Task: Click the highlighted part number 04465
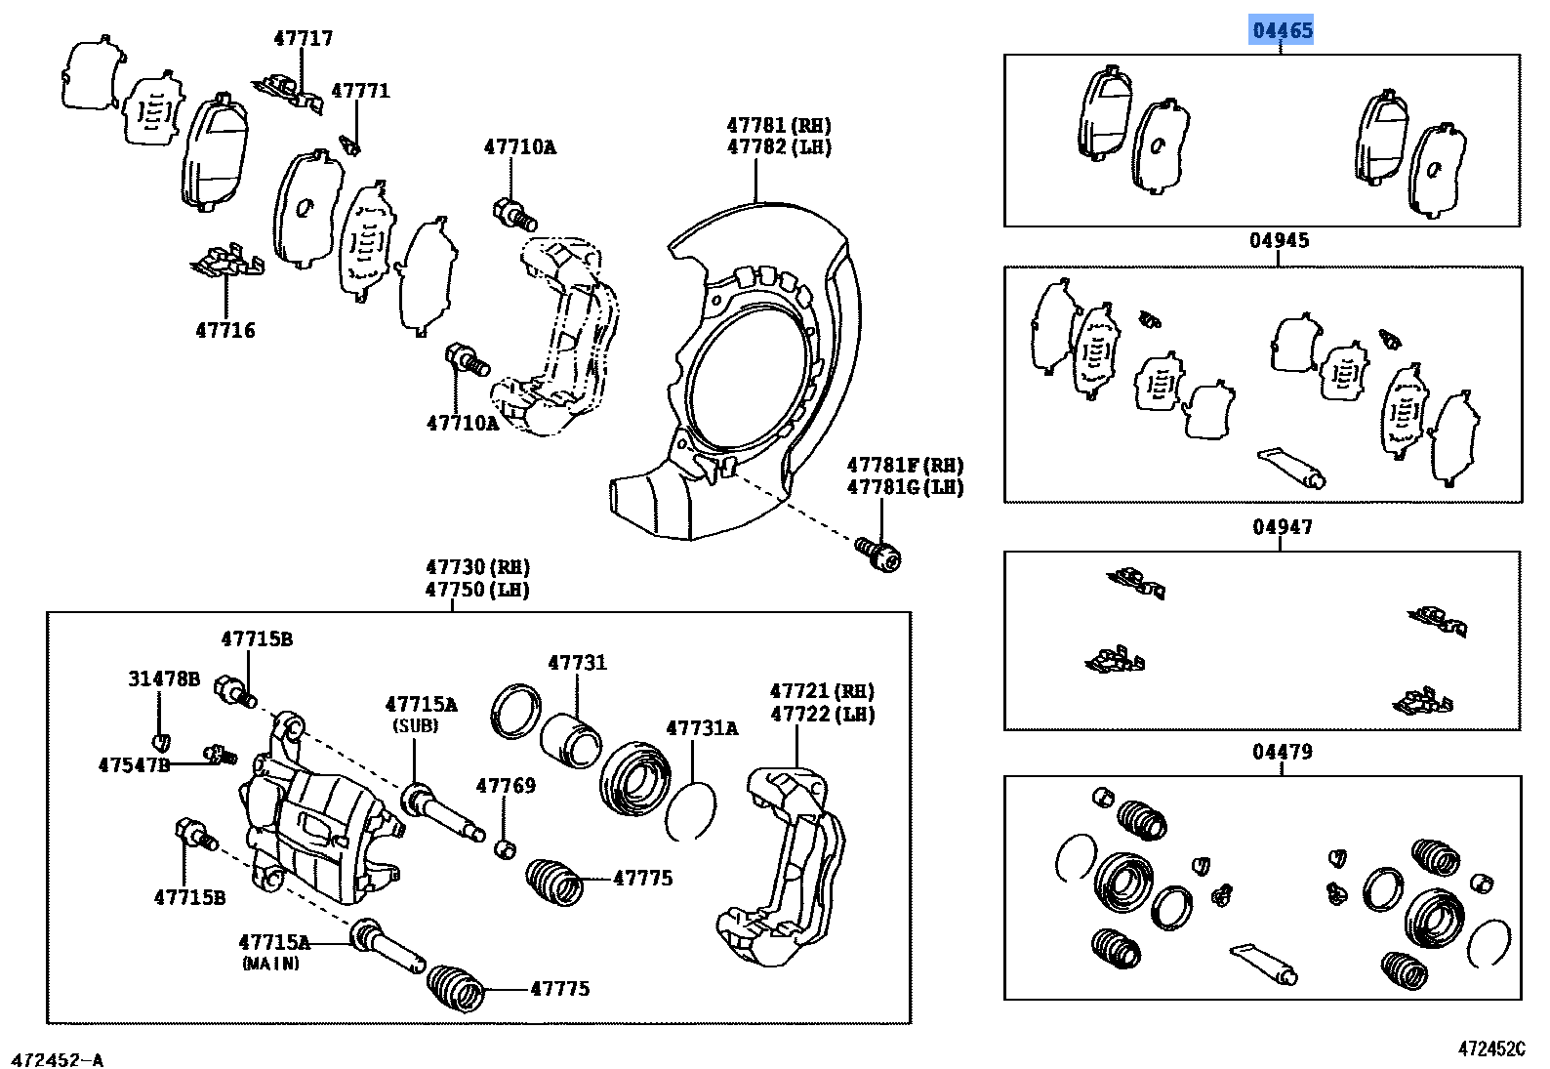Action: click(x=1283, y=30)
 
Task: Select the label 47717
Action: click(x=303, y=39)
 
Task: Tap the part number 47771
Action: click(x=360, y=91)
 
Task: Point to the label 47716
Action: click(x=225, y=330)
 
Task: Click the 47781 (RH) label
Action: click(x=779, y=125)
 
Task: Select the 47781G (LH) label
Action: click(x=904, y=487)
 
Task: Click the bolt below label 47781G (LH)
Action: click(x=878, y=554)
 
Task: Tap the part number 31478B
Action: click(x=164, y=678)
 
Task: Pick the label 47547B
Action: click(x=134, y=764)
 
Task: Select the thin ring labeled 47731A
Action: click(x=690, y=809)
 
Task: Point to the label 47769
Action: click(x=506, y=786)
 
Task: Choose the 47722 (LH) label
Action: click(x=822, y=715)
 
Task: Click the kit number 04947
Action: click(x=1282, y=527)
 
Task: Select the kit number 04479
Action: click(x=1282, y=752)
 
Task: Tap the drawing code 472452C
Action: click(x=1490, y=1049)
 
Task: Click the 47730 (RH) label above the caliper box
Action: click(x=477, y=567)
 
